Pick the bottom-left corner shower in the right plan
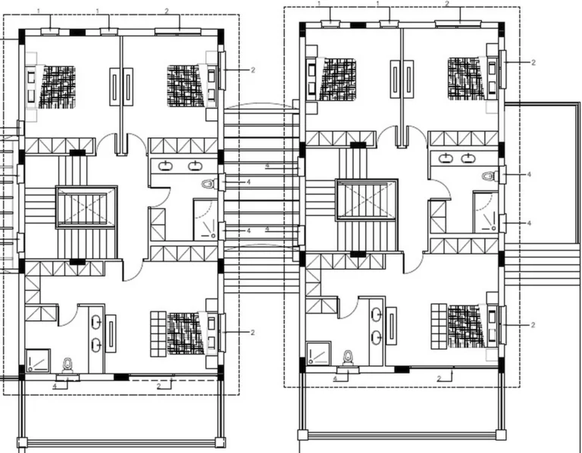pos(318,352)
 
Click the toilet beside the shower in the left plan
pos(67,365)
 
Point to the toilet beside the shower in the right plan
pos(348,358)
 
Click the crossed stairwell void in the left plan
pos(86,208)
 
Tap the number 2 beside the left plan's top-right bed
pos(253,70)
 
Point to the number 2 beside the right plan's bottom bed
pos(533,325)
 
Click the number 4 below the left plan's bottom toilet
pos(55,386)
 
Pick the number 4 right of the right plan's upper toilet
pos(529,174)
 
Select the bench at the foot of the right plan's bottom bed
pos(439,326)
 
